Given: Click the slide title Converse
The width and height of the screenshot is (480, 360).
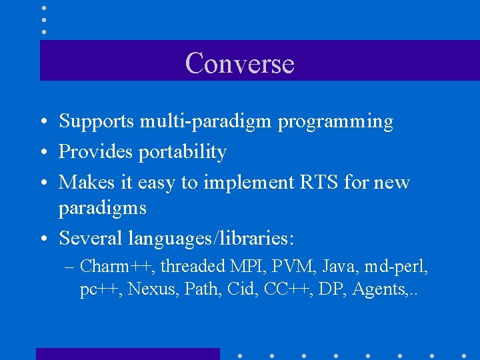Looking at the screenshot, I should pos(239,63).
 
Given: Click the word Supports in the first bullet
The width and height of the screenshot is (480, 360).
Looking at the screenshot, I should pos(97,121).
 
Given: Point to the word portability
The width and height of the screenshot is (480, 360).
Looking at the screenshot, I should pos(182,153).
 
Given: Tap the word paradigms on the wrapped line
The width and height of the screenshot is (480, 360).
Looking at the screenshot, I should pos(102,209).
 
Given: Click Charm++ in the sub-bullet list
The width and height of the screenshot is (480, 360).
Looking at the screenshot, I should pos(115,267).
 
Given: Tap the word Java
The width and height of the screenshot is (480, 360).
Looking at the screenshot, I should pos(339,267).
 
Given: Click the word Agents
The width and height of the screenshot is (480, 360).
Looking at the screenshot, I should pos(380,290).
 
